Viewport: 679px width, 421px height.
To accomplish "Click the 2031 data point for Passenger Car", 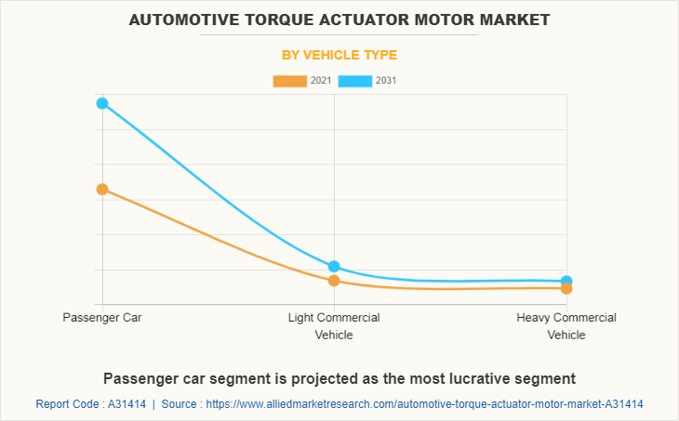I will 102,103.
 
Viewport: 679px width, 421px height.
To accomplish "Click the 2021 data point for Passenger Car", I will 102,189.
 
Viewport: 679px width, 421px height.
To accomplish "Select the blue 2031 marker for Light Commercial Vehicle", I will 334,267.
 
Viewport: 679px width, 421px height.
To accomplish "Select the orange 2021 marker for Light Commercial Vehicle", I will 334,281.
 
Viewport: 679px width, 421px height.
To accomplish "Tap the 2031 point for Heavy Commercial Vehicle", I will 566,281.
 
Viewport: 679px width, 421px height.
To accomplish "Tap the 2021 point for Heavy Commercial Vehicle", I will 566,288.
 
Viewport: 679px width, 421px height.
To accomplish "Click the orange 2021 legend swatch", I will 289,81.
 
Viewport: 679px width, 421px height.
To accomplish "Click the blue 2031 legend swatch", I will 354,81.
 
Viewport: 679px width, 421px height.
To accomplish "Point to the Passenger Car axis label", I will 102,318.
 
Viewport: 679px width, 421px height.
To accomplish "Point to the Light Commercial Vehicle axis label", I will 334,326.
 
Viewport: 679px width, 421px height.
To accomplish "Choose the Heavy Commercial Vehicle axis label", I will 566,326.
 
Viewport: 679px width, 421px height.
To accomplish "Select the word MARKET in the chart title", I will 510,19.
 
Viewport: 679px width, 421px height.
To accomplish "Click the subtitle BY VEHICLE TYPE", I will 339,55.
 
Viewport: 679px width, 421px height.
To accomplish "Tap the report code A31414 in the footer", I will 126,404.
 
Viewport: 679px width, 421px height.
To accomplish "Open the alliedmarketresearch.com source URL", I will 425,404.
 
